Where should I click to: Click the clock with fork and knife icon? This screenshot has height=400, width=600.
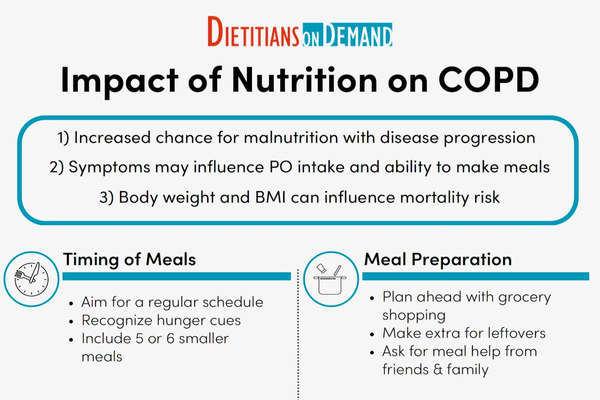point(31,278)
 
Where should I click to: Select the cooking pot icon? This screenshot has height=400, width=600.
point(330,279)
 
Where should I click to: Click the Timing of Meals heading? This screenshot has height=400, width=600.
point(129,259)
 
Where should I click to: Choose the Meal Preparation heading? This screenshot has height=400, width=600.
point(438,259)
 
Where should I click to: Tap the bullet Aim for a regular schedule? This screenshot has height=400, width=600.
point(172,302)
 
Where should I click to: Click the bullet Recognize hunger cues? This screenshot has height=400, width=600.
point(161,320)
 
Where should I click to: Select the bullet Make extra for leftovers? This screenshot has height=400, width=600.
point(463,333)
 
